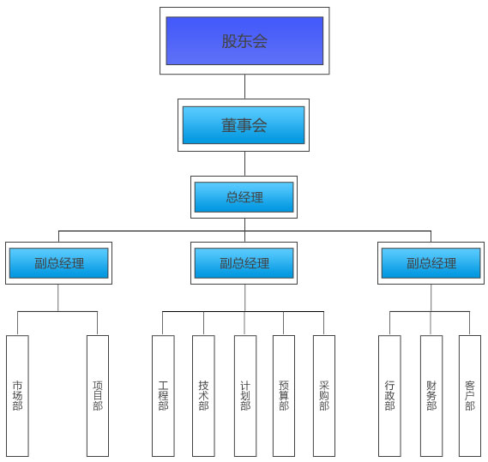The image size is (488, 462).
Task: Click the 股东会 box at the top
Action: tap(244, 41)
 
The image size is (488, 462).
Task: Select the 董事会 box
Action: tap(244, 125)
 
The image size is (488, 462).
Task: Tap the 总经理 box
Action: tap(244, 197)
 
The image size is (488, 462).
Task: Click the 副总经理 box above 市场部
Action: tap(58, 263)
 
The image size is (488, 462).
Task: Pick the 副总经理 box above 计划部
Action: tap(244, 263)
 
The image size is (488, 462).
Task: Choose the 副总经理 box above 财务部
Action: tap(431, 263)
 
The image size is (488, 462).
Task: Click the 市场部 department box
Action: tap(17, 396)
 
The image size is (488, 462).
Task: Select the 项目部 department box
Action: tap(98, 396)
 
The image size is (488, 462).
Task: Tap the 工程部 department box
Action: tap(163, 396)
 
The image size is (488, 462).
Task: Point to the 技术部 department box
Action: tap(203, 396)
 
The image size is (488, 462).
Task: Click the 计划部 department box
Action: tap(245, 396)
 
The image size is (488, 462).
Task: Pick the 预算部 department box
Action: tap(284, 396)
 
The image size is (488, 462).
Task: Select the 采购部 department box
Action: tap(324, 396)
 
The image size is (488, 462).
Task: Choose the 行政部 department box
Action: tap(389, 396)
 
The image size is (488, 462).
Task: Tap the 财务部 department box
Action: tap(431, 396)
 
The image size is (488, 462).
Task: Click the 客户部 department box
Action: tap(470, 396)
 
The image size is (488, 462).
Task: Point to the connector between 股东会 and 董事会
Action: tap(244, 87)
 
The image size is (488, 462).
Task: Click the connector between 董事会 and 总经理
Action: tap(244, 164)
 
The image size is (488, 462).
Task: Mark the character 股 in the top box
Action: tap(229, 41)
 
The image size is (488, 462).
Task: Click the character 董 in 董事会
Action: tap(229, 125)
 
